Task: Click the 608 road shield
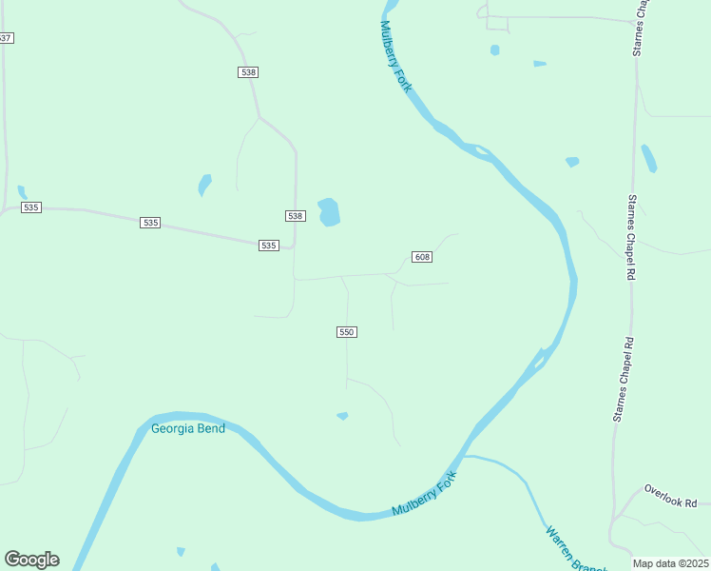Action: pos(422,257)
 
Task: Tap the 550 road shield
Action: pos(346,331)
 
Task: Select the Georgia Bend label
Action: pos(188,428)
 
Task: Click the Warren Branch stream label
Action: pos(574,548)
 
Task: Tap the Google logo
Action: pos(31,560)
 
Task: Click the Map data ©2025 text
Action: pos(670,563)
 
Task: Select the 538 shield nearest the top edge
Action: pos(248,72)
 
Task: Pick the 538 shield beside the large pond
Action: pos(295,216)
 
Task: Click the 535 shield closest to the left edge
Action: pos(31,207)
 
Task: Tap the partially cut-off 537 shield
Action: pos(6,37)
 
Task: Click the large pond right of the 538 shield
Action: pos(329,211)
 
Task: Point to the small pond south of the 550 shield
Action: pos(342,416)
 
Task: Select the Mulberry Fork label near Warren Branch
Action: pos(425,495)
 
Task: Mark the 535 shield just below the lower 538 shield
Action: pos(268,246)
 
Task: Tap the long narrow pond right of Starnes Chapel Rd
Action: pos(648,158)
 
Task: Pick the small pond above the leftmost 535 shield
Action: pos(22,192)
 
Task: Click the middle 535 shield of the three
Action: pos(150,222)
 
